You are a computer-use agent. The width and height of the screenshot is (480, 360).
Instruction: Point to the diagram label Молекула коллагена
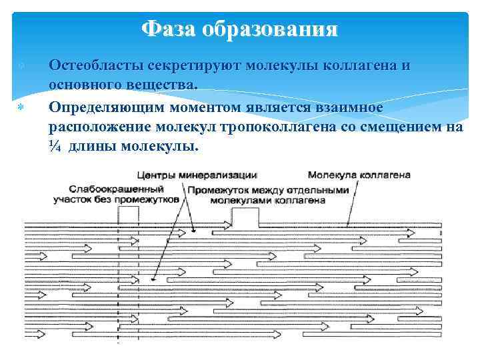click(359, 175)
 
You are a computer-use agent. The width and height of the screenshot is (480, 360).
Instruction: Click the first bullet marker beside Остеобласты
click(22, 67)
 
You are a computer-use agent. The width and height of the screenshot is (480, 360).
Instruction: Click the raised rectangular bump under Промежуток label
click(245, 217)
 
